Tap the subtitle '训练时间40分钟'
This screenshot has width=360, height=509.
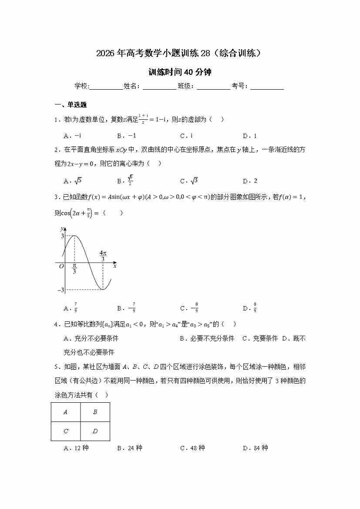[x=180, y=72]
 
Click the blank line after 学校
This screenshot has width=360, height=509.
[x=106, y=87]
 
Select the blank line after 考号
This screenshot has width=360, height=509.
[x=267, y=87]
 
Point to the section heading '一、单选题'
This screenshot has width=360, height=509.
[x=70, y=105]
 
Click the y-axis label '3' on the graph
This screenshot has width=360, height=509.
[x=62, y=236]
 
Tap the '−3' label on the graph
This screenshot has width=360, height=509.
[x=61, y=290]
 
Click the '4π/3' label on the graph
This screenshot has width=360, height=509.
[x=103, y=256]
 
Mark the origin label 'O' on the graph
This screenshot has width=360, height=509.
[x=61, y=266]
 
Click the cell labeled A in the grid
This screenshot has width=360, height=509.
[x=66, y=412]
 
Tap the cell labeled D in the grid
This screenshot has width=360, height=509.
[x=95, y=431]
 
